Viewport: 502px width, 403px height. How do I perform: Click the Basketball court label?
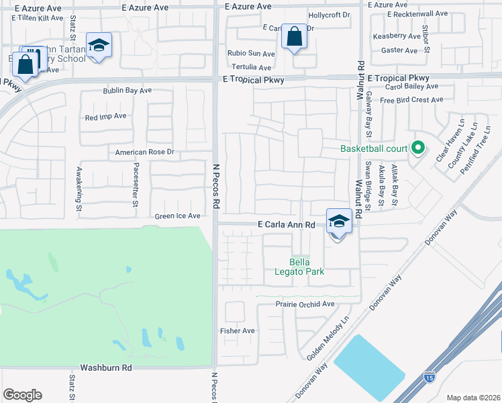point(374,148)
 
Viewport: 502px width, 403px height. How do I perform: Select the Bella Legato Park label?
point(307,267)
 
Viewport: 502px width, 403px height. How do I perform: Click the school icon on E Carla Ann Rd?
point(339,220)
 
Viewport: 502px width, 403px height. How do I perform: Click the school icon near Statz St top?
point(99,46)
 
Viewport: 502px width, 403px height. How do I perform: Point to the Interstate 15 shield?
point(428,378)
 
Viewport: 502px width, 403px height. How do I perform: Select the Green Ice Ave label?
point(178,216)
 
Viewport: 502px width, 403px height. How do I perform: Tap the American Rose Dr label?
point(144,152)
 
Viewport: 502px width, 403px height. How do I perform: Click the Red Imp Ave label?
point(106,116)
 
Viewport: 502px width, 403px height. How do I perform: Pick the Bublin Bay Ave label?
point(127,90)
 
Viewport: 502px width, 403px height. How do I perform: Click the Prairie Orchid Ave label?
point(305,304)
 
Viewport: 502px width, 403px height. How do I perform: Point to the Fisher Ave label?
point(238,331)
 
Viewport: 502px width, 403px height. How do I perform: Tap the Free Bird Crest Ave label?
point(411,100)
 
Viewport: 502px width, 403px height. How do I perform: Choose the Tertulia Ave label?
point(251,68)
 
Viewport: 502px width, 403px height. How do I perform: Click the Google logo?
point(22,395)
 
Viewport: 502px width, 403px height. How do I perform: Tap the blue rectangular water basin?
point(369,366)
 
